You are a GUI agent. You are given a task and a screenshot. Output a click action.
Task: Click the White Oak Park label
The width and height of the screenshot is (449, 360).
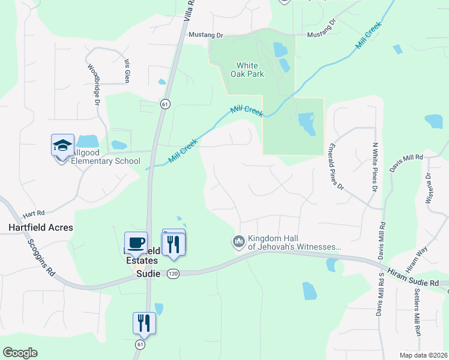point(247,70)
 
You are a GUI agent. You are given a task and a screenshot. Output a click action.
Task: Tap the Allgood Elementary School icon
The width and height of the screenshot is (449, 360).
point(62,146)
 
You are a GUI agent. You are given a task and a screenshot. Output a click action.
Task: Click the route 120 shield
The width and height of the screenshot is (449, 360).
point(173,274)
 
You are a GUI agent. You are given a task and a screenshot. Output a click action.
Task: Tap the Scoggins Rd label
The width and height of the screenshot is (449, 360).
point(41,257)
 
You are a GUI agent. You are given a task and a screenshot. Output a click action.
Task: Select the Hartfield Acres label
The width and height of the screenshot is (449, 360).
point(41,227)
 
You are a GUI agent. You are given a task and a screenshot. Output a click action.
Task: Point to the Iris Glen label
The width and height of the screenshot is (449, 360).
point(127,71)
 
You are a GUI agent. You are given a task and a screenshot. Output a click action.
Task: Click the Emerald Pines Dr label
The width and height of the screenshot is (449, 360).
point(336,166)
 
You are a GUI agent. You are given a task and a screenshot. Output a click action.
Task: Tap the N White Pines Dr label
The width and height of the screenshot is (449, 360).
point(374,167)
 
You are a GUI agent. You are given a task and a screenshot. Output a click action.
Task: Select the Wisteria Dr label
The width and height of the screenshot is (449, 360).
point(429,188)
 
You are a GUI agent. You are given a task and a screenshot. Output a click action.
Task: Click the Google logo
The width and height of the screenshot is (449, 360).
point(20,353)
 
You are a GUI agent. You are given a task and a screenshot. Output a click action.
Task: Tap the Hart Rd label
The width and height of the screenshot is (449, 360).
point(34,213)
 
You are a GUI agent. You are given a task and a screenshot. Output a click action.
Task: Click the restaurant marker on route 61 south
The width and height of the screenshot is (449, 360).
point(144,323)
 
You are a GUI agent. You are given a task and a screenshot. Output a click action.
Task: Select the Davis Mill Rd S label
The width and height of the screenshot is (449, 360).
point(380,293)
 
